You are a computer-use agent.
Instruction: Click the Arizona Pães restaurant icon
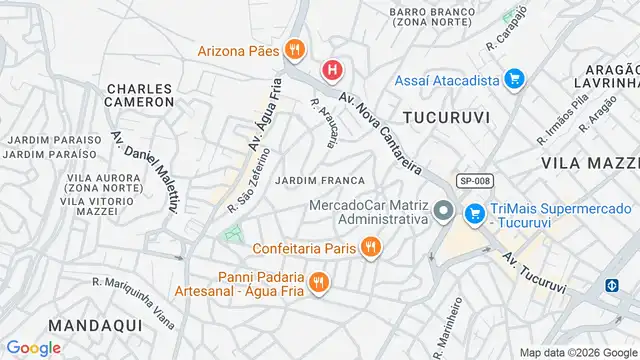tap(294, 48)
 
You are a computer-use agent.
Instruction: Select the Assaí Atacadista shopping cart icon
tap(515, 78)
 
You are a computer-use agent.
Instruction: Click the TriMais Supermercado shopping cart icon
tap(474, 213)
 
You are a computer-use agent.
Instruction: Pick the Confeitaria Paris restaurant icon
tap(370, 246)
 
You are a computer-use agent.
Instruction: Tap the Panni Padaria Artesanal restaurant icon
tap(319, 283)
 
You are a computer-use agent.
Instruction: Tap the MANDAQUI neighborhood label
tap(51, 326)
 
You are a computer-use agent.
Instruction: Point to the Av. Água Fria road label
tap(258, 119)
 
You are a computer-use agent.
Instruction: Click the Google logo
tap(33, 347)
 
